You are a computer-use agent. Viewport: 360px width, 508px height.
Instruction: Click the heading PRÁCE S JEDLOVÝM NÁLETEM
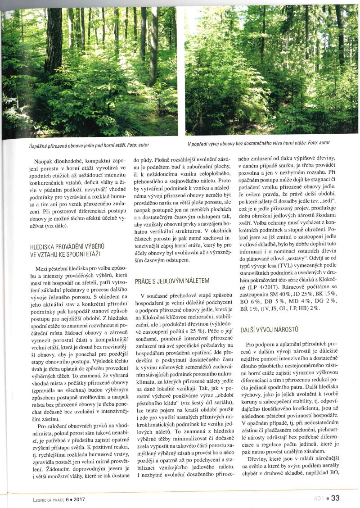pyautogui.click(x=172, y=281)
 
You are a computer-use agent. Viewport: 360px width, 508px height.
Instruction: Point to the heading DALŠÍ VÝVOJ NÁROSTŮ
pyautogui.click(x=276, y=330)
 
